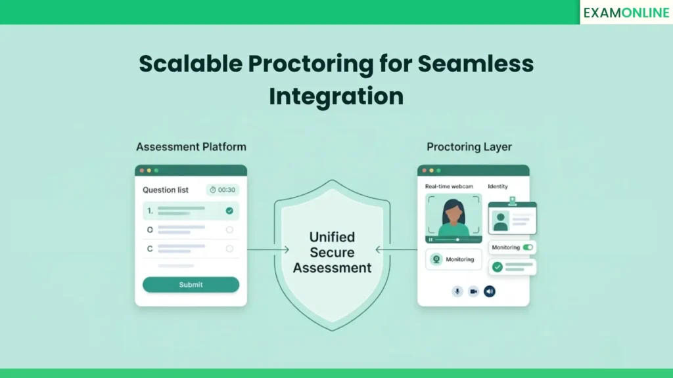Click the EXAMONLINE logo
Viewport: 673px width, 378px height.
point(626,12)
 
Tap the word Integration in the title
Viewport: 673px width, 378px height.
point(336,96)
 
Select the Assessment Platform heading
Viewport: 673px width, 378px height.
point(191,146)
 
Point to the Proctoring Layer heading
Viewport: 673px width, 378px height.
point(469,146)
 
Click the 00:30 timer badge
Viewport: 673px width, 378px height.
point(223,190)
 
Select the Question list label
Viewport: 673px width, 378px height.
point(166,190)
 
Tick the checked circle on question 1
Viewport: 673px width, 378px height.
point(229,211)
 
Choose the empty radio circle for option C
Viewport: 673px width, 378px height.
point(229,249)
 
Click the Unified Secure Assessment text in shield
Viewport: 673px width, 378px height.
point(333,252)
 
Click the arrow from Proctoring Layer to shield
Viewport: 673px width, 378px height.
point(396,249)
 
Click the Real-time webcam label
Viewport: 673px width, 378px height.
point(449,186)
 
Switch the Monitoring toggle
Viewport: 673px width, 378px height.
point(528,247)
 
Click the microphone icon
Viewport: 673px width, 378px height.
point(457,291)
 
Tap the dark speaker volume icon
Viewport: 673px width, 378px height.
point(490,291)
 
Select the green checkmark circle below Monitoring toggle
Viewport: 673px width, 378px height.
point(498,267)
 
